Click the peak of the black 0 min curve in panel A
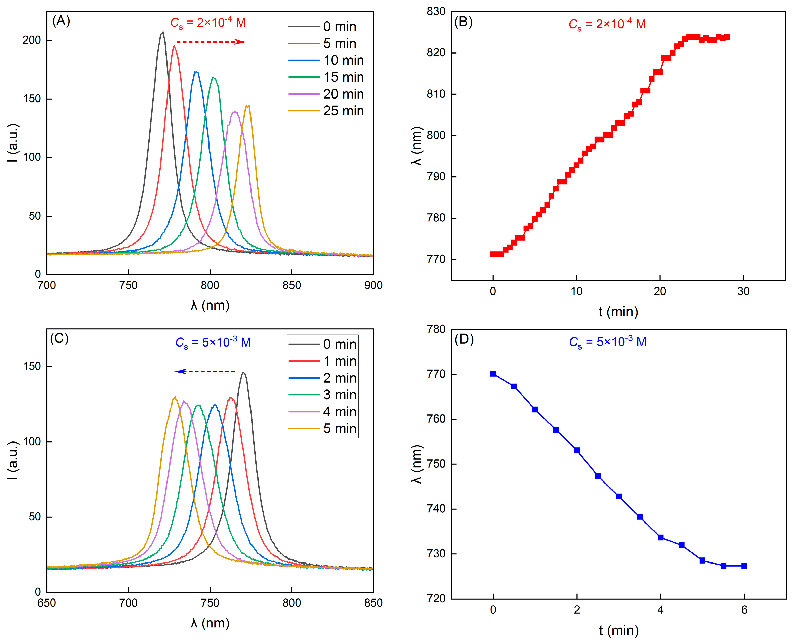(162, 33)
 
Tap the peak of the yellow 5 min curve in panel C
(175, 397)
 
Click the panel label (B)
(463, 22)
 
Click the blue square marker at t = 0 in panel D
(493, 374)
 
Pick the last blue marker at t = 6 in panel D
(744, 566)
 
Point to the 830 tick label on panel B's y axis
(436, 12)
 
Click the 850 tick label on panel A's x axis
(292, 285)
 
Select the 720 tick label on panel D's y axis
(436, 599)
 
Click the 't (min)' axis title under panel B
(618, 312)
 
